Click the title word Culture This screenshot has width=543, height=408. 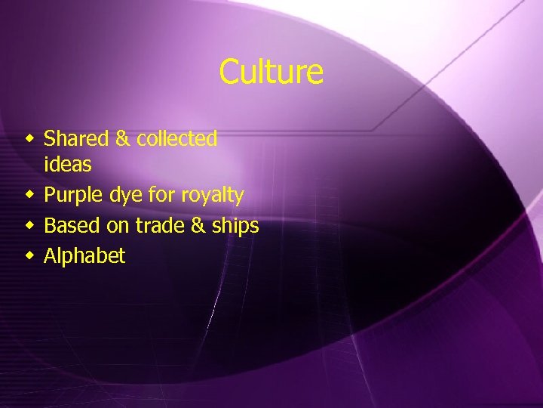click(x=271, y=73)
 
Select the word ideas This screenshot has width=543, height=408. click(x=67, y=164)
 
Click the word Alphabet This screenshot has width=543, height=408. click(x=84, y=256)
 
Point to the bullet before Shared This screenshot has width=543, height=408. click(x=29, y=139)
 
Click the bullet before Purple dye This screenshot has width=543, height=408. click(x=29, y=196)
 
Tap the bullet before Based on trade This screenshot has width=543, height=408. click(x=29, y=226)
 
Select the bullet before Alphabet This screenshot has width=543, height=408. click(x=29, y=256)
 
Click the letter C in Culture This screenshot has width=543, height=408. click(x=229, y=73)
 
